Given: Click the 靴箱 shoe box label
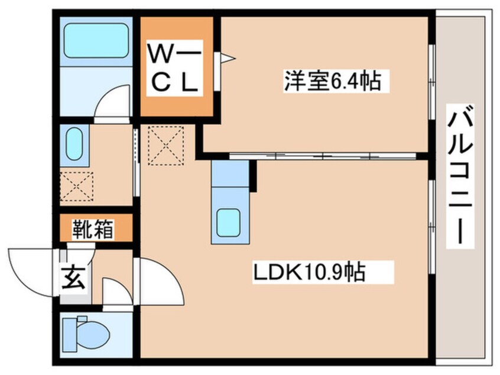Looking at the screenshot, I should tap(93, 228).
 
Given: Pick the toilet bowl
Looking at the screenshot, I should tap(89, 334).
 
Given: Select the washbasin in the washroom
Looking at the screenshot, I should tap(73, 144).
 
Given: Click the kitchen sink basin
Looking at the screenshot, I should tap(230, 223).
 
